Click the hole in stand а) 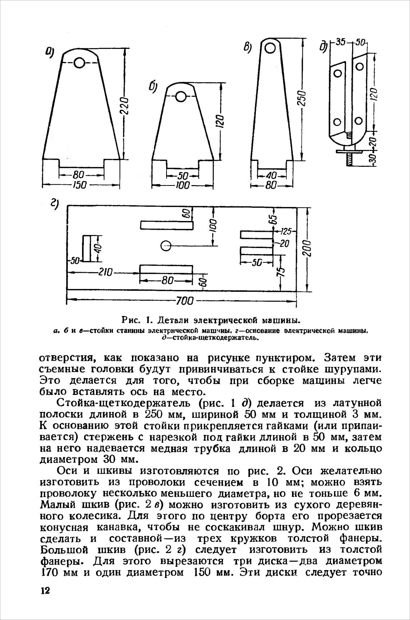point(79,63)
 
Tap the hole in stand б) point(181,96)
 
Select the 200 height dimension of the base point(308,248)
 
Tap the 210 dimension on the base point(106,272)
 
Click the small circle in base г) point(166,246)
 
